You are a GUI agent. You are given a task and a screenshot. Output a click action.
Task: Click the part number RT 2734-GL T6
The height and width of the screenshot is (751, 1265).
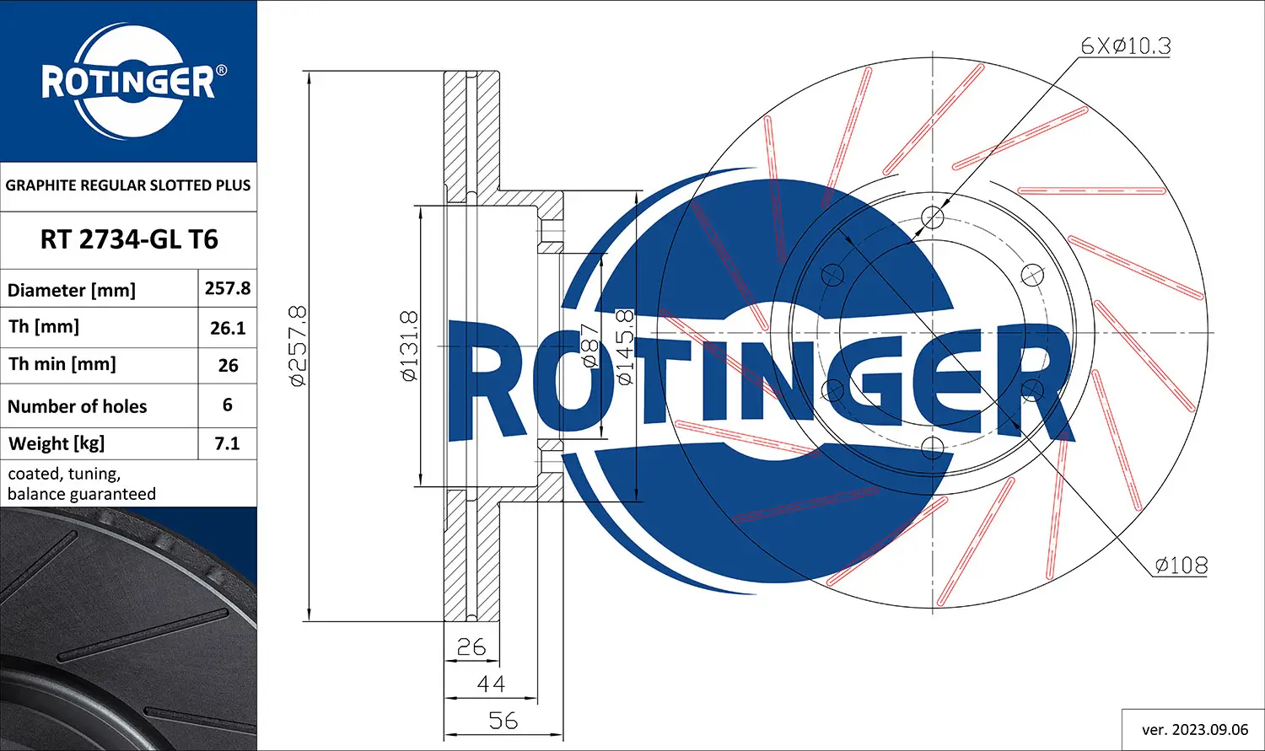128,239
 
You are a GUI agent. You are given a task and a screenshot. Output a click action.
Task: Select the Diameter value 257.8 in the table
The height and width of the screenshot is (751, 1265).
228,288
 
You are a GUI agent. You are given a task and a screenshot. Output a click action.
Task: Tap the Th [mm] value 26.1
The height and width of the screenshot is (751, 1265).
228,328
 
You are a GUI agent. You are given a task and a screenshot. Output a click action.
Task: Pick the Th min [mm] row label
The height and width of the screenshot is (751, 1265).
62,364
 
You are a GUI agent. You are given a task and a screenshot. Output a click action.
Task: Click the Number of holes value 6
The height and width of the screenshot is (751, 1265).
228,405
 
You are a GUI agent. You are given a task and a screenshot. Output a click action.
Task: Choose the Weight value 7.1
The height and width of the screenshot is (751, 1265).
228,443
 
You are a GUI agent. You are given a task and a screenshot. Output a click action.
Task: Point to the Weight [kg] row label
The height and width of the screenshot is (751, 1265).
57,443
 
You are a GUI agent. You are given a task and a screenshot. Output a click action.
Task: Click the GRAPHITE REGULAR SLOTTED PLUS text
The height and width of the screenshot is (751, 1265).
128,185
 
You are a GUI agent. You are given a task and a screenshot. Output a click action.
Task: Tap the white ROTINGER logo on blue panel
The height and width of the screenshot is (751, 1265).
128,82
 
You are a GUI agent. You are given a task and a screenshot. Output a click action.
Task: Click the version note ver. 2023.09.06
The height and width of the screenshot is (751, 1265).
1194,729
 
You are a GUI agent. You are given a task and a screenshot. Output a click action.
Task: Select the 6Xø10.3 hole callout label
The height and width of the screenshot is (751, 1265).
1126,46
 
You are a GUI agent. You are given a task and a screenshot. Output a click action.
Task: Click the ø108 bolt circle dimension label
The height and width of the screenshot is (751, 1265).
1181,565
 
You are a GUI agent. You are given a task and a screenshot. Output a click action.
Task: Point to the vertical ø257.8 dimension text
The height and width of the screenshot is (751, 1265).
299,346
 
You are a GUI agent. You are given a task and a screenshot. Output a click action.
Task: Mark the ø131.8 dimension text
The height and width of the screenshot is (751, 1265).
409,346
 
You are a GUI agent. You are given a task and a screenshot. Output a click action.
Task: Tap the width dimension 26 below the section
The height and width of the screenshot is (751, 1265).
471,646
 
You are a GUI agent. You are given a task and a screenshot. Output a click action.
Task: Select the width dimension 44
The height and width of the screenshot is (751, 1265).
491,684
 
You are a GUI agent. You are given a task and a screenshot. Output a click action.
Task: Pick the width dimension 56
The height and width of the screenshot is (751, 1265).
503,721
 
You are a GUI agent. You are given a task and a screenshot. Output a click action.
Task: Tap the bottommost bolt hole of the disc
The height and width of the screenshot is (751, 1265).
932,447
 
